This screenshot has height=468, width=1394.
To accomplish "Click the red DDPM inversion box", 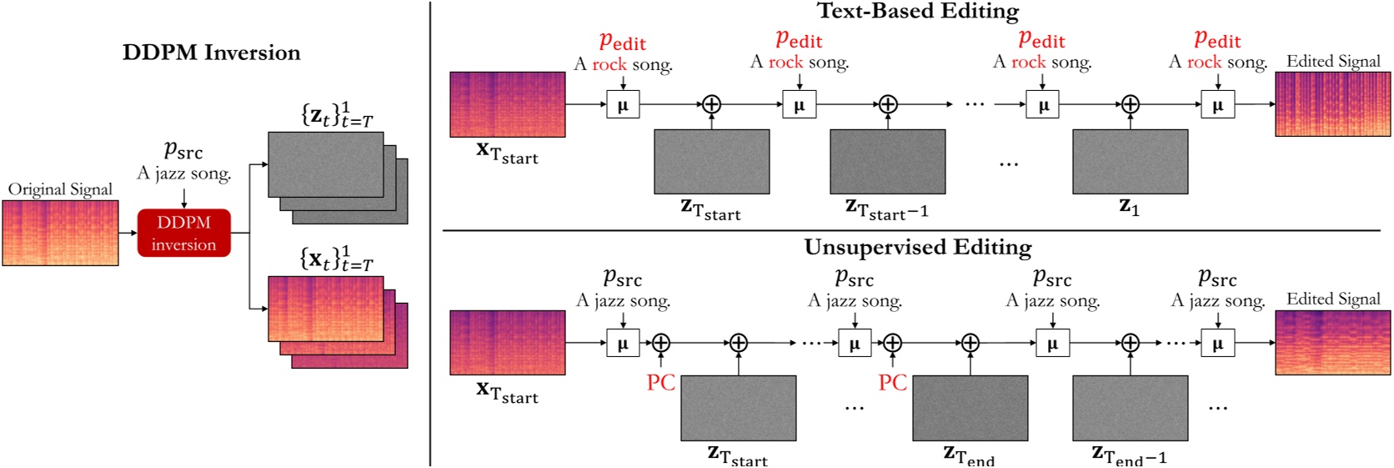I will click(183, 233).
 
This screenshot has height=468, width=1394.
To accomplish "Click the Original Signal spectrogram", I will click(60, 233).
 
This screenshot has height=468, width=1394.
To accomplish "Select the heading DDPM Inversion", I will click(211, 53).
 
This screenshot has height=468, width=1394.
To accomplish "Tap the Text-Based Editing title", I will click(917, 11).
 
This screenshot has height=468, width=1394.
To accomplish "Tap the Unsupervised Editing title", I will click(917, 247).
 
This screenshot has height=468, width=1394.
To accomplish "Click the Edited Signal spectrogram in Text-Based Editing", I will click(1332, 103).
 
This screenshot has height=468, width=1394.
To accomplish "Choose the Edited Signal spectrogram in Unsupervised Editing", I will click(1332, 342).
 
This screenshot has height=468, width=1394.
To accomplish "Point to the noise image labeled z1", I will click(1130, 162).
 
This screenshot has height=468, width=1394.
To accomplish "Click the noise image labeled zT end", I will click(970, 408).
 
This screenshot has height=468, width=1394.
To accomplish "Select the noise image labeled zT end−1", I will click(1130, 408).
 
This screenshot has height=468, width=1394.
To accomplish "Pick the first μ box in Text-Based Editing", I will click(623, 105).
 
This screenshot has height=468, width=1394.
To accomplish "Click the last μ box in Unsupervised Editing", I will click(1217, 343).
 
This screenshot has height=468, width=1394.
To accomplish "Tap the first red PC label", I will click(661, 383).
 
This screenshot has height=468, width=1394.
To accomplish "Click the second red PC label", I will click(892, 383).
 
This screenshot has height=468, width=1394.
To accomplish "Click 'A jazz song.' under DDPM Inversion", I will click(183, 174).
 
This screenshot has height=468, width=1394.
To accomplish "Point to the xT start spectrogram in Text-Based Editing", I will click(507, 104).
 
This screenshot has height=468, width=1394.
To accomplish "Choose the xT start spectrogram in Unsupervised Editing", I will click(507, 342).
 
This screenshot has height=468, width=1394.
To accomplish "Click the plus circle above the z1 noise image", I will click(1130, 104).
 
